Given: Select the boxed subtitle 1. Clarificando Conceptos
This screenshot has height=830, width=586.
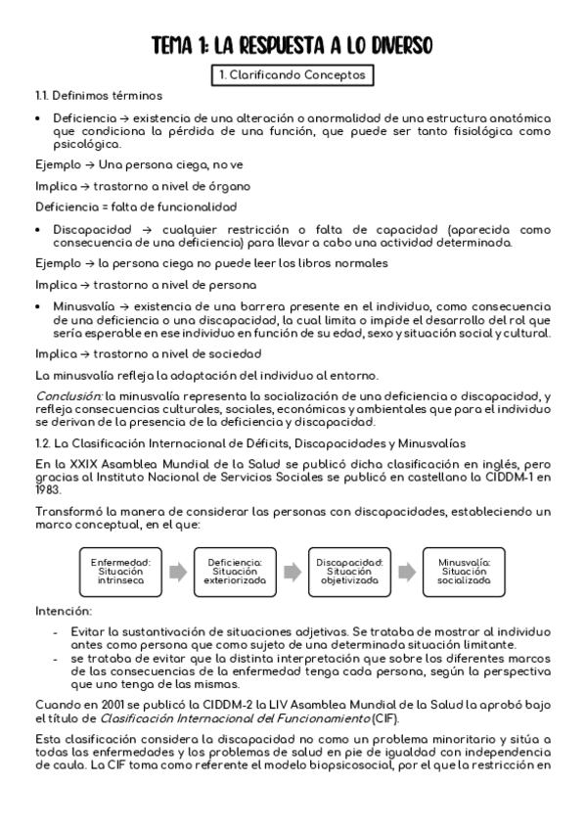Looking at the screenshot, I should (x=293, y=73).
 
